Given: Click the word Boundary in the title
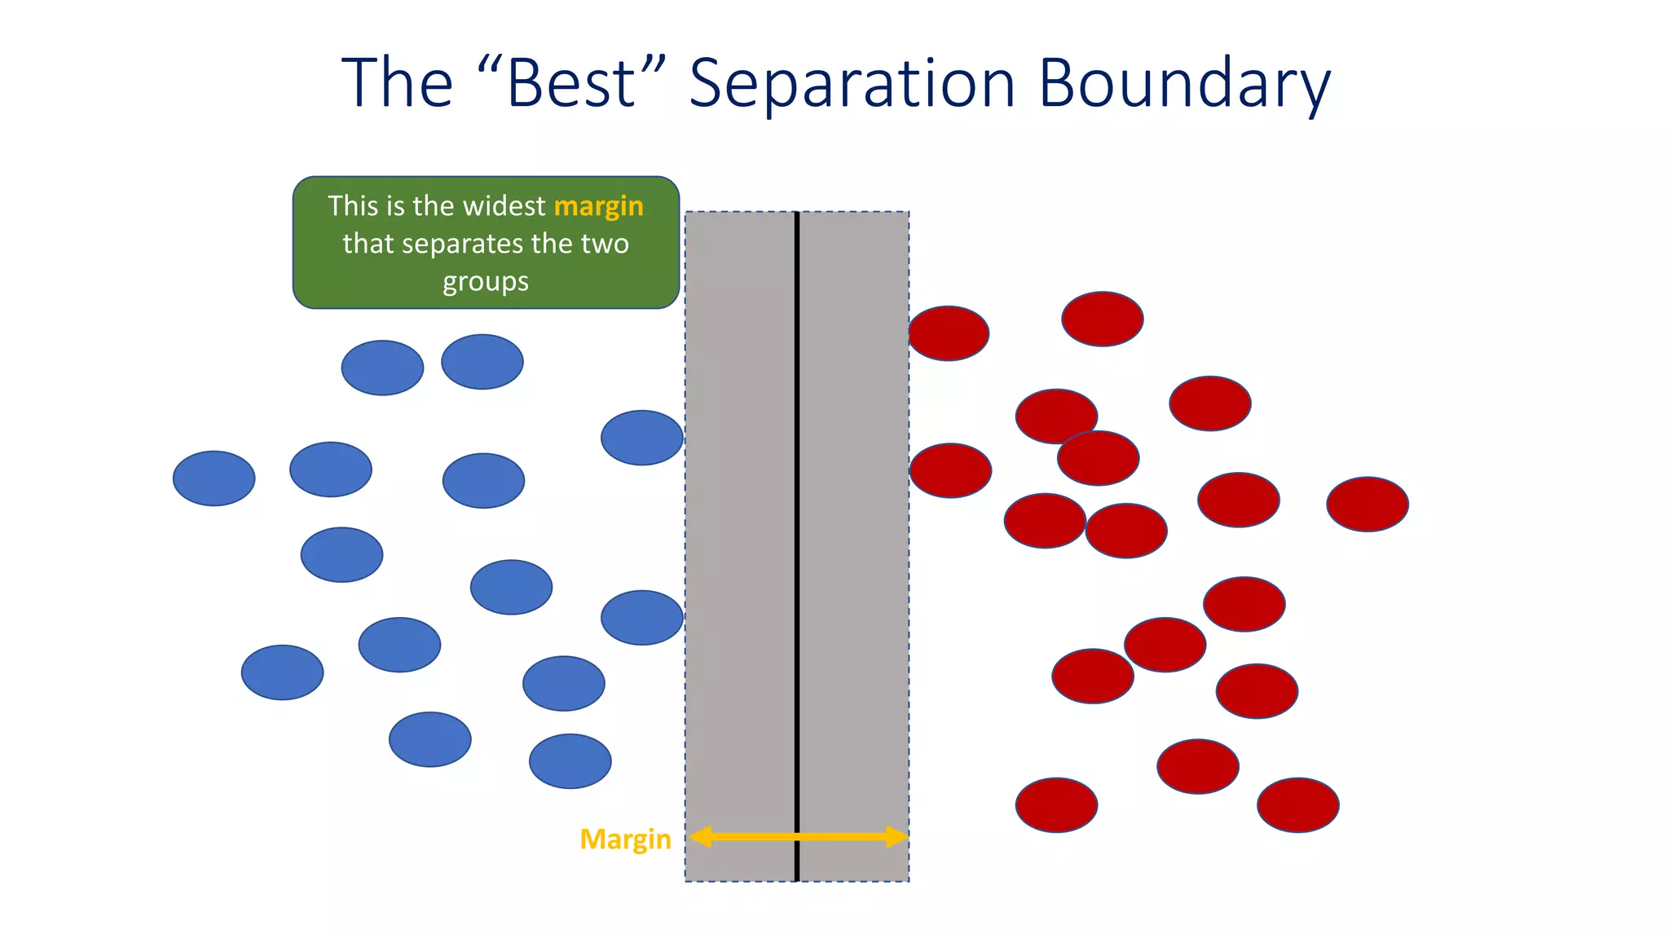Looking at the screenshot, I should click(x=1184, y=83).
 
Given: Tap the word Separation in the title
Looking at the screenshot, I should click(x=852, y=83).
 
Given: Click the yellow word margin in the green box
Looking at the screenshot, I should click(x=598, y=207).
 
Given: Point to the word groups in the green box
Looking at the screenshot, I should click(x=486, y=281).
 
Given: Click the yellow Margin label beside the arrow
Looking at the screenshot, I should click(x=625, y=839).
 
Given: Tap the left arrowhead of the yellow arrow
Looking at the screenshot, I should click(x=700, y=837).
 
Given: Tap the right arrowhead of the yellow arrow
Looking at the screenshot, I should click(x=896, y=837).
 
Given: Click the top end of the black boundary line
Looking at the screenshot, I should click(x=797, y=215).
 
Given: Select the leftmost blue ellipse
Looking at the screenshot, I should click(x=214, y=478).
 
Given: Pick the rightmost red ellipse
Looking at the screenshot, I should click(x=1367, y=505).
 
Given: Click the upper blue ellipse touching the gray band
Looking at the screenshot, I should click(x=642, y=438).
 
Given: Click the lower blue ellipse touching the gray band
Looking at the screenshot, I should click(x=642, y=618).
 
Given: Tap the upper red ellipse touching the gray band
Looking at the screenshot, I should click(x=949, y=333).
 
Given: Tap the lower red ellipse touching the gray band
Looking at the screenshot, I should click(x=950, y=470).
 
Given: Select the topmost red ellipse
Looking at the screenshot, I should click(x=1103, y=319).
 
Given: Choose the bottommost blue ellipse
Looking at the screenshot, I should click(x=570, y=761).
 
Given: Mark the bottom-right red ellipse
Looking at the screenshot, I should click(x=1298, y=805).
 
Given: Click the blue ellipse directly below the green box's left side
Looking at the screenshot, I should click(x=382, y=368).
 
